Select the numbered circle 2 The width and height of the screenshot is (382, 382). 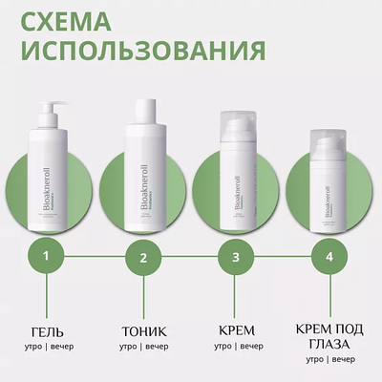(x=142, y=256)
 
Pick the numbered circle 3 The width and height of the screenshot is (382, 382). (x=235, y=256)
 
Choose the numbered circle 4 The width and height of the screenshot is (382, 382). (x=329, y=256)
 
